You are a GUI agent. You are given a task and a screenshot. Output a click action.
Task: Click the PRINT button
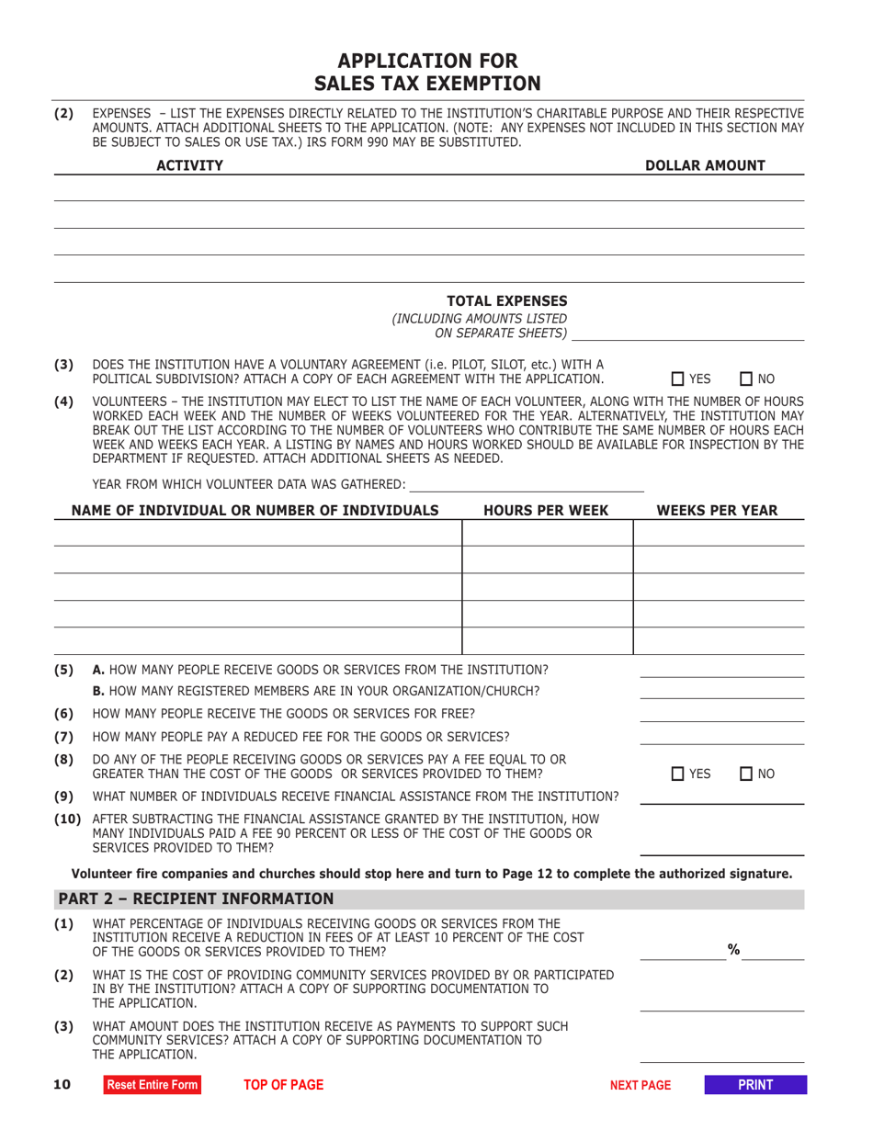755,1085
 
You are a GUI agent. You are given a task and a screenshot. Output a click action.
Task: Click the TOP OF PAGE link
283,1085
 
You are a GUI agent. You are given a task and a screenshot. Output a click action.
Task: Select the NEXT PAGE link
641,1085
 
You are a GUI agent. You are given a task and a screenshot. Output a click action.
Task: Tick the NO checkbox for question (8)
746,774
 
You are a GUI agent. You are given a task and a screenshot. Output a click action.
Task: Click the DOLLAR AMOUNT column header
718,165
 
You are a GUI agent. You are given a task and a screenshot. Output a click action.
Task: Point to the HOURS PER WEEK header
545,510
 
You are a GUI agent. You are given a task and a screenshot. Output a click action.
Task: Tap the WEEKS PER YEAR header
717,510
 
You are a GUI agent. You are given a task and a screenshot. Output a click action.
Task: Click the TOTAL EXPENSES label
506,301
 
